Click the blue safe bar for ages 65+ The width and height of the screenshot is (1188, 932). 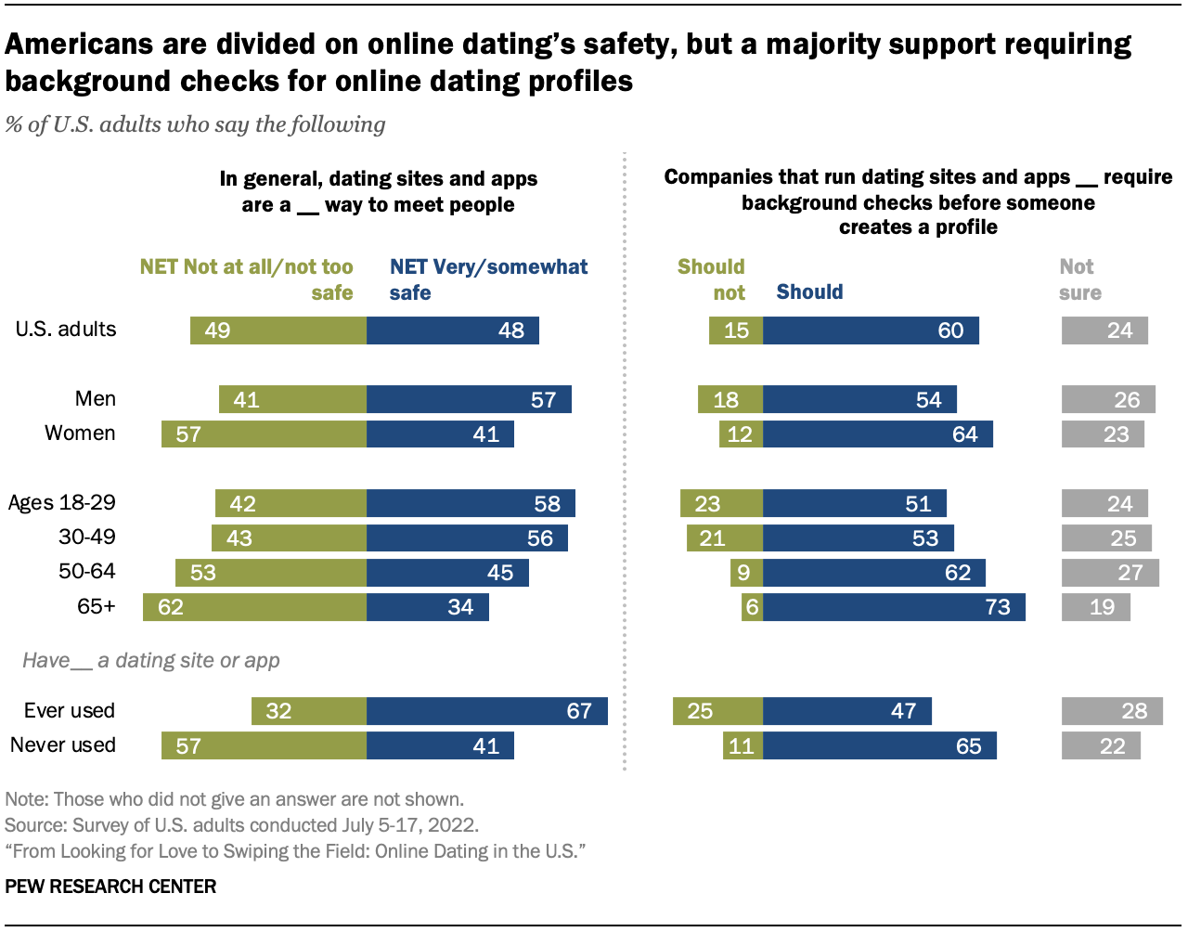[x=427, y=607]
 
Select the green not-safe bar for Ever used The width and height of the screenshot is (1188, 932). [x=308, y=711]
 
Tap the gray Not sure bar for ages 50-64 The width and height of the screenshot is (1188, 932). [x=1110, y=573]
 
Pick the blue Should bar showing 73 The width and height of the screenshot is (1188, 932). [x=894, y=607]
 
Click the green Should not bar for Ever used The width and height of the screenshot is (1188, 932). [x=717, y=711]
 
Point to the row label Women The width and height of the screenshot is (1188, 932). [x=80, y=434]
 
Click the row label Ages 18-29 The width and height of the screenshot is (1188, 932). [x=62, y=503]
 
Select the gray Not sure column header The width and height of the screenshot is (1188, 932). [x=1079, y=279]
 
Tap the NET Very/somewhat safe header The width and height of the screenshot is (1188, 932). [x=488, y=279]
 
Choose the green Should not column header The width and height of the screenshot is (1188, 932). [x=712, y=279]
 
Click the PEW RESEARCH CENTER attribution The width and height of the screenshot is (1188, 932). [x=110, y=887]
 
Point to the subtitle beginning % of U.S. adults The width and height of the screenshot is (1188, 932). [x=195, y=124]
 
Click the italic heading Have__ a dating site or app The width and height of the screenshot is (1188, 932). [x=151, y=661]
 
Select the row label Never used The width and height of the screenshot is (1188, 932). [x=63, y=745]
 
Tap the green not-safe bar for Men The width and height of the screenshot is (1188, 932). [x=292, y=399]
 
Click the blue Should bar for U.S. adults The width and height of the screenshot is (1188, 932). [x=871, y=330]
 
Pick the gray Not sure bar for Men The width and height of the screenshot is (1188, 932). [x=1108, y=399]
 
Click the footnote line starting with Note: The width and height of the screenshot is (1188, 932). [x=234, y=799]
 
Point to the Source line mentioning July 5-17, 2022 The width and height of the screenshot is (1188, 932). [x=241, y=825]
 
